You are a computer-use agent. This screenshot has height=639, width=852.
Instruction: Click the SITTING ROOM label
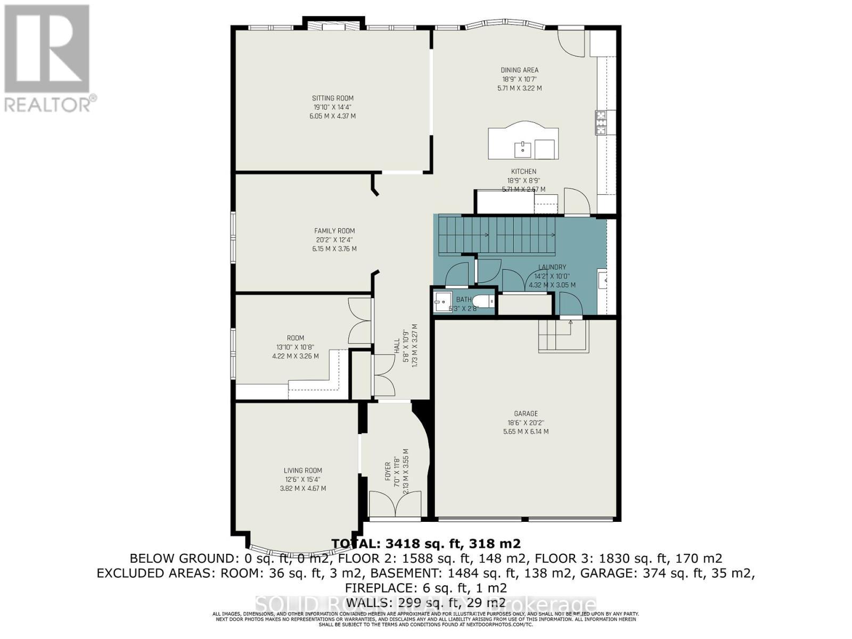click(332, 98)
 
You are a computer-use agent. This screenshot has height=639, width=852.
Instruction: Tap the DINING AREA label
click(519, 70)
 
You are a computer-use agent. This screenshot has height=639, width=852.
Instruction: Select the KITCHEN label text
click(523, 171)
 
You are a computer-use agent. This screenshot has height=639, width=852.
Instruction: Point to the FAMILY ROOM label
click(334, 231)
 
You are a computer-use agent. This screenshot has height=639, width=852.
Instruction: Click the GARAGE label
click(526, 413)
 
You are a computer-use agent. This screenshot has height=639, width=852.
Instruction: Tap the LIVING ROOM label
click(302, 470)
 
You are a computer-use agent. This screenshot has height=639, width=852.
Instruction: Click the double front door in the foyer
click(395, 504)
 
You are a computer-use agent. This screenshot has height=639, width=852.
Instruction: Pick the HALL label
click(397, 346)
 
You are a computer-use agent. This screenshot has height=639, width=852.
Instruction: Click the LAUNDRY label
click(552, 267)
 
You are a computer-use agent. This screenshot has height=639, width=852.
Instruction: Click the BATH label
click(463, 299)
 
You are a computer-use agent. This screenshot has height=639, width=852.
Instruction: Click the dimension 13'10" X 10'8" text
click(295, 347)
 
